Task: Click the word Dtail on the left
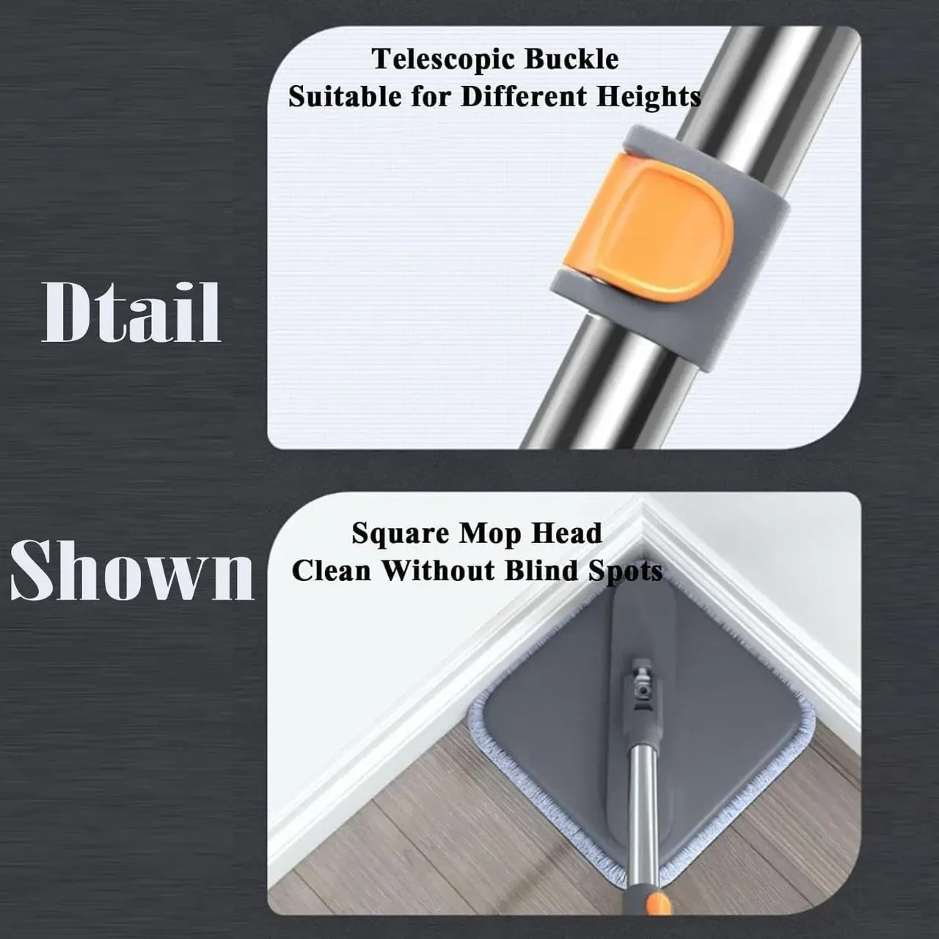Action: coord(131,313)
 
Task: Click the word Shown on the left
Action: coord(132,570)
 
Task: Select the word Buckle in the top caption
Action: coord(572,59)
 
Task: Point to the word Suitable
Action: coord(344,96)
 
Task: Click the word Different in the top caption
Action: coord(523,96)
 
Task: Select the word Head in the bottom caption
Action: coord(567,533)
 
